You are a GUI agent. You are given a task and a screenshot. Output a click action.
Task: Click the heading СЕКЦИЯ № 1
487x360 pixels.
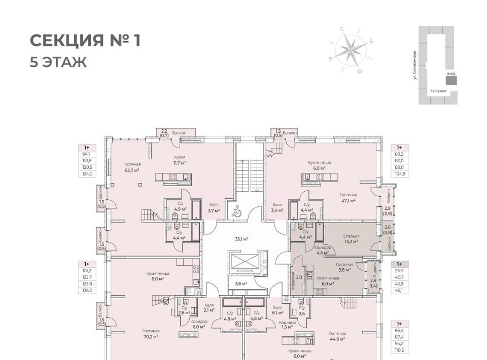pos(85,41)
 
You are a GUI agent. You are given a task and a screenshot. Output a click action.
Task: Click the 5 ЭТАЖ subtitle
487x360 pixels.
pos(58,62)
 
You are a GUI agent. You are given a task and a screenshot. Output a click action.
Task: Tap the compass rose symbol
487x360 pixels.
pos(350,50)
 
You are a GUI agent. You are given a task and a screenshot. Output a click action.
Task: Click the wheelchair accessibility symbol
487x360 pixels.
pos(236,212)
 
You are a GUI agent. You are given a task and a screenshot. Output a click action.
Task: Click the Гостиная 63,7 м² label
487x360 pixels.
pos(131,167)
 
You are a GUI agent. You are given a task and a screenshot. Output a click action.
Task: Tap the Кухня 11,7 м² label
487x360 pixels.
pos(179,160)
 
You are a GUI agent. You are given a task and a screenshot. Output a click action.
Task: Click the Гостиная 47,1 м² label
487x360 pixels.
pos(349,197)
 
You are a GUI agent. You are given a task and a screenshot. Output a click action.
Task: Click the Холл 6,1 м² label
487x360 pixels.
pos(277,310)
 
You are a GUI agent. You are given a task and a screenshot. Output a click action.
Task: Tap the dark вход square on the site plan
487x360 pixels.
pos(450,81)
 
